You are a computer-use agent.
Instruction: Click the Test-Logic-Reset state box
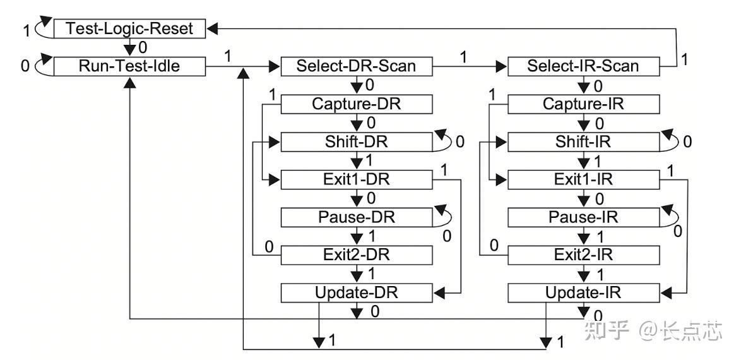point(130,28)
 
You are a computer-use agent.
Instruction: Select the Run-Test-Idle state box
point(130,66)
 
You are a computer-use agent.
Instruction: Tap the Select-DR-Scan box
point(357,66)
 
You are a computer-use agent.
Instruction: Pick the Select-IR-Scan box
point(584,66)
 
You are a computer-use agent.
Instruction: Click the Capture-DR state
point(357,104)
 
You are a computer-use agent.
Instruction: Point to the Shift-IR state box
point(584,142)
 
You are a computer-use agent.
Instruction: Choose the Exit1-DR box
point(357,180)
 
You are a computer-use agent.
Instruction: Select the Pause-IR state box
point(584,218)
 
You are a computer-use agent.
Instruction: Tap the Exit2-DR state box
point(357,255)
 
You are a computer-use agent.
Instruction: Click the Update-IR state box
point(584,293)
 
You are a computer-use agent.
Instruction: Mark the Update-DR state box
point(357,293)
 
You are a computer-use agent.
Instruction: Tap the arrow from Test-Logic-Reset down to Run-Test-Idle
point(130,47)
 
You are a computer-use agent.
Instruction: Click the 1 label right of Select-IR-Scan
point(684,59)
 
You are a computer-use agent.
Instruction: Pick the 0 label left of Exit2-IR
point(494,245)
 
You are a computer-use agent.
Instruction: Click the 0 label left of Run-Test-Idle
point(25,66)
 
